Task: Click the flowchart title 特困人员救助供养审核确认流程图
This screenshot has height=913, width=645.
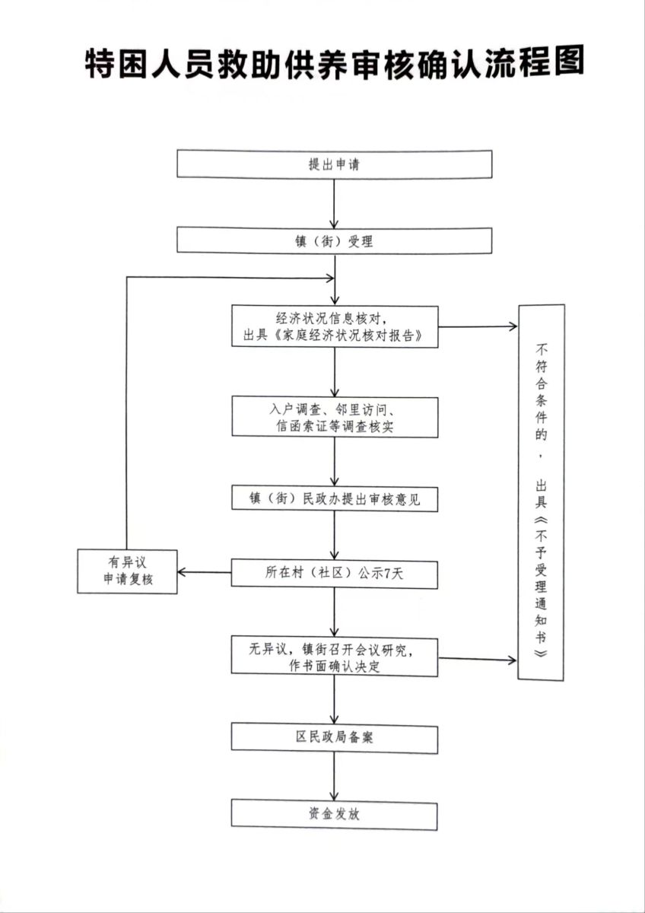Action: (335, 65)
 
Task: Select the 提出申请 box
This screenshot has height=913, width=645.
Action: (335, 164)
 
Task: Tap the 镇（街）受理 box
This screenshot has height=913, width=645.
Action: (335, 241)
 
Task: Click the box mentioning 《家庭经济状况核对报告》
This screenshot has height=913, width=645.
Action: (335, 326)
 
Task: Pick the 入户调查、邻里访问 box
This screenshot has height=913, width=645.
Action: (335, 417)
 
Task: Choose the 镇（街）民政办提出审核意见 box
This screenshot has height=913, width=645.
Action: (335, 499)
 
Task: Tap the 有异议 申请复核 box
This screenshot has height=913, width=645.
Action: (128, 572)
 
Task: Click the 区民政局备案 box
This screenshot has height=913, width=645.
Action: (335, 738)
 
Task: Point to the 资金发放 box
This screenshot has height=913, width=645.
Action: (335, 814)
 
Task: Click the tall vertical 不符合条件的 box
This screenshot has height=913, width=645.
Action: (542, 492)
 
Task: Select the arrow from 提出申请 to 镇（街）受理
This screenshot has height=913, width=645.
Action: (335, 202)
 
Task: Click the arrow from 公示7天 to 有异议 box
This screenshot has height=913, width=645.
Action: (205, 573)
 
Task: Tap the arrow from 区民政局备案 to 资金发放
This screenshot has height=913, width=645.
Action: (335, 775)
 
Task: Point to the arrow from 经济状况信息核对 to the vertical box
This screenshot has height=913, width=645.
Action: (478, 327)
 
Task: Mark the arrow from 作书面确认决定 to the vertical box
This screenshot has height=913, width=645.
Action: (478, 659)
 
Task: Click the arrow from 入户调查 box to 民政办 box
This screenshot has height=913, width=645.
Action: (335, 461)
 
